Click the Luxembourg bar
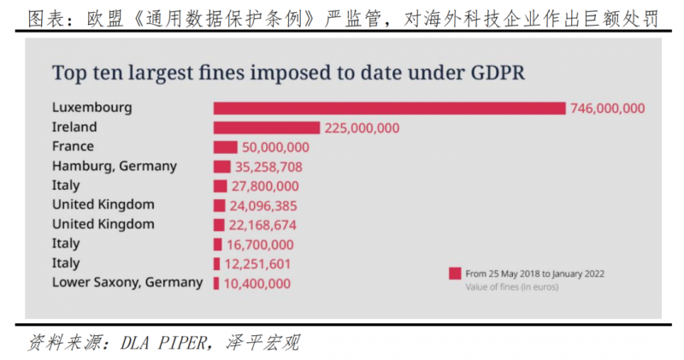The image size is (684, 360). [389, 109]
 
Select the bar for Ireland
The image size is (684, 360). [268, 128]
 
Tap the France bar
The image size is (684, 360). [225, 147]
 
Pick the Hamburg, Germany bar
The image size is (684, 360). [221, 167]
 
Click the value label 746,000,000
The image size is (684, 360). [608, 109]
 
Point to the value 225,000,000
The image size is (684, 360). [363, 128]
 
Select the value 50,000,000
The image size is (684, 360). [275, 147]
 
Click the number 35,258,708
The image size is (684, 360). [268, 167]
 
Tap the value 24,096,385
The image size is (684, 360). [263, 205]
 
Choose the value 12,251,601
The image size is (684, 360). [258, 263]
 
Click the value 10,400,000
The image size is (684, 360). [256, 283]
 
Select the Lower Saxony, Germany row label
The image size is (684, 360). [127, 281]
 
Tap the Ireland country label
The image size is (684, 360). [74, 127]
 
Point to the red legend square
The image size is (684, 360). [455, 274]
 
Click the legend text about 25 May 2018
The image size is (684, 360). [534, 274]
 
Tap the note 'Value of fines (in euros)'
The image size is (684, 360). [512, 288]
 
